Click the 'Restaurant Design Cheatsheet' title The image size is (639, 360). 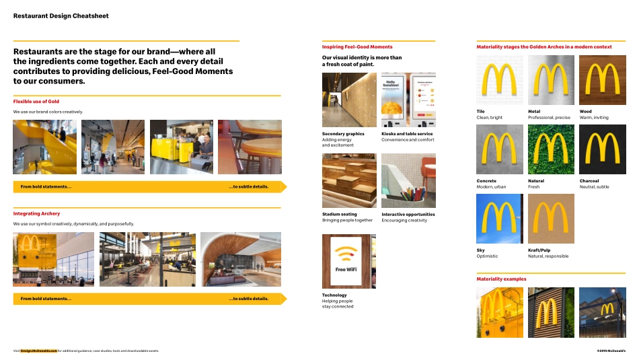click(x=61, y=15)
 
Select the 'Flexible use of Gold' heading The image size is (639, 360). click(x=36, y=102)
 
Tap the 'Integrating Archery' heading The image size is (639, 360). click(x=36, y=214)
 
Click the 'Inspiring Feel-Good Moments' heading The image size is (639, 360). click(x=357, y=47)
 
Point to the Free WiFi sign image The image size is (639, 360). click(x=349, y=261)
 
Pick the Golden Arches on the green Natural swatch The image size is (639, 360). click(x=551, y=149)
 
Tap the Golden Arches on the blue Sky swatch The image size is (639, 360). click(x=499, y=219)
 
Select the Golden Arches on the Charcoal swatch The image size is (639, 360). click(x=603, y=149)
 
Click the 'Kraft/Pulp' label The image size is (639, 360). click(x=539, y=250)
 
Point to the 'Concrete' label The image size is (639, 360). click(x=486, y=181)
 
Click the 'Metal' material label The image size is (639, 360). click(x=534, y=112)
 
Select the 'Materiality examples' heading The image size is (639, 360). click(x=501, y=279)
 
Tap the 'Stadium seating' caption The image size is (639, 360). click(x=340, y=215)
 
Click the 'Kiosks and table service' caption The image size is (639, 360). click(x=407, y=134)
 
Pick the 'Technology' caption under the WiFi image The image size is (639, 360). click(x=334, y=295)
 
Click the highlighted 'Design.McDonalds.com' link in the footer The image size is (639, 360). click(x=38, y=351)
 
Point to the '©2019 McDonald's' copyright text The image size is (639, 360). click(x=611, y=351)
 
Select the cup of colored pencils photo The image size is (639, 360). click(x=408, y=181)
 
